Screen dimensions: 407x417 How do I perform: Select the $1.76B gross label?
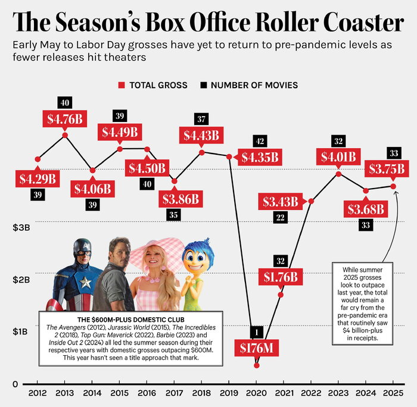[280, 277]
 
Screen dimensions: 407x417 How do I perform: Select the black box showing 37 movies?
[201, 119]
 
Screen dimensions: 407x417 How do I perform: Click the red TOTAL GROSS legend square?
[123, 85]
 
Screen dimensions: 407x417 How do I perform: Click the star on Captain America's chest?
[85, 281]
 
